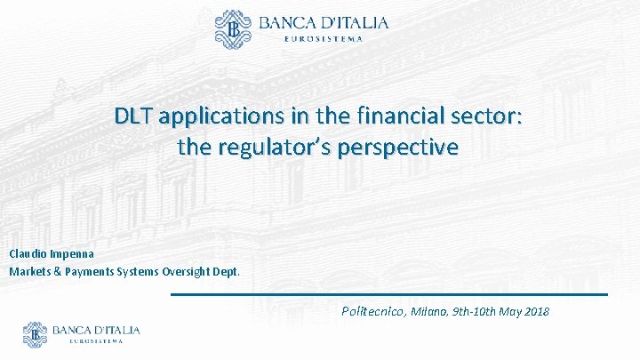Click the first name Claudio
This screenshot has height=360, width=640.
point(28,253)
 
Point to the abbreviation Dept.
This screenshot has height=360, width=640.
point(226,271)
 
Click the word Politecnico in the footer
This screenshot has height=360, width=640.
point(372,311)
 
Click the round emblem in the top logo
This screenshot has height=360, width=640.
point(234,28)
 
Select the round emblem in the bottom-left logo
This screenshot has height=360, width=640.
point(35,334)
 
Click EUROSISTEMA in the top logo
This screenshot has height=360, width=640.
point(323,37)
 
